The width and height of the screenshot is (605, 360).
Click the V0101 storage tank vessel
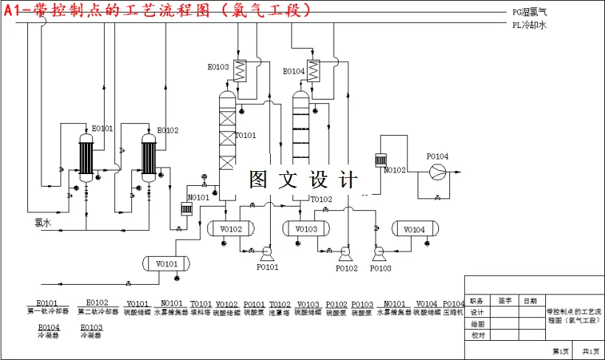pos(167,263)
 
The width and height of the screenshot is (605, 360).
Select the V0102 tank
pos(230,229)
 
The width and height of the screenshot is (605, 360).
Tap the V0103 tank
pos(306,229)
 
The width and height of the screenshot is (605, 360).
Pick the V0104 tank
pos(415,229)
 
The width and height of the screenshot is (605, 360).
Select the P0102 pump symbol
pos(345,253)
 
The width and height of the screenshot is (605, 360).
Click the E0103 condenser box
pos(240,69)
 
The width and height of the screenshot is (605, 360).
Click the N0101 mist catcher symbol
pos(187,209)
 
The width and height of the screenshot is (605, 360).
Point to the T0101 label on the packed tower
pos(246,135)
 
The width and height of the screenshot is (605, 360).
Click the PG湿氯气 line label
pos(530,13)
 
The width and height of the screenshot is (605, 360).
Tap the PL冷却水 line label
pos(530,24)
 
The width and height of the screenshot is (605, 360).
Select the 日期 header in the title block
pos(530,300)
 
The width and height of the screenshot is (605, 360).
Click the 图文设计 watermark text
pos(303,179)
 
